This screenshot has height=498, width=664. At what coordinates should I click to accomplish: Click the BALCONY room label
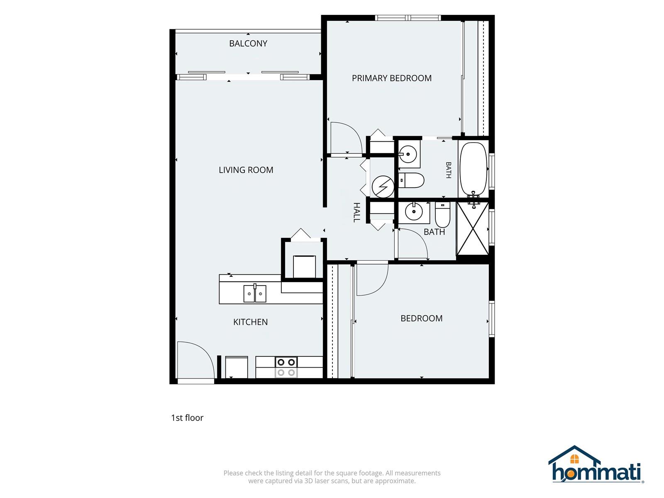click(x=248, y=44)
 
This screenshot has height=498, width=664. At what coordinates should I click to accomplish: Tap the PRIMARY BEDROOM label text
click(x=391, y=78)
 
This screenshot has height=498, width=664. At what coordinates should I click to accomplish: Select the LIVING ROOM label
click(x=246, y=170)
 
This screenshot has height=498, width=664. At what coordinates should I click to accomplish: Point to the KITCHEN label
click(x=251, y=322)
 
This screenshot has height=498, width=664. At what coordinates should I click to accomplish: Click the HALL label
click(x=357, y=212)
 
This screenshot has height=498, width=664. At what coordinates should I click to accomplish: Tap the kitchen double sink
click(x=255, y=293)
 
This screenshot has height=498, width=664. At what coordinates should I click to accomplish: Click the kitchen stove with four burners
click(x=286, y=367)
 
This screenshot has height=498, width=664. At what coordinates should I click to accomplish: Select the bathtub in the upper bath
click(x=474, y=169)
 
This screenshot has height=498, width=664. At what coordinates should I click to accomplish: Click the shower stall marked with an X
click(x=472, y=229)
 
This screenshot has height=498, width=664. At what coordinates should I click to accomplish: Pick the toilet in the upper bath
click(x=411, y=180)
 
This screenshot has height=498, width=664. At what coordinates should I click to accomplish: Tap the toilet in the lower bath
click(x=442, y=215)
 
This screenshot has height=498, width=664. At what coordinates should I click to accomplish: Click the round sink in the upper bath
click(x=409, y=154)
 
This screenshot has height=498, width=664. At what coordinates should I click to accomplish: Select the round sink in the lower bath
click(x=413, y=211)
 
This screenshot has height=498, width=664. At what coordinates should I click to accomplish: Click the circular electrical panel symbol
click(x=383, y=187)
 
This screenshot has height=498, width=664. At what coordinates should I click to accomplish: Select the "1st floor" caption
click(x=187, y=418)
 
